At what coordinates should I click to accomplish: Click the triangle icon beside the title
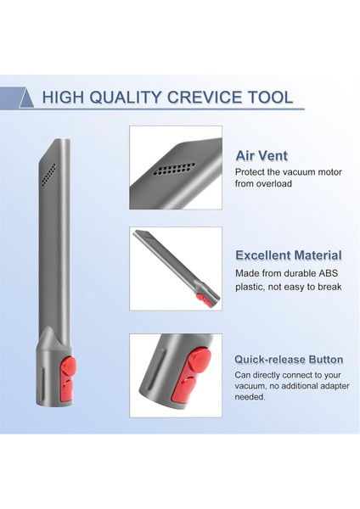pyautogui.click(x=25, y=98)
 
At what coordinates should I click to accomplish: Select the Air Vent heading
pyautogui.click(x=262, y=156)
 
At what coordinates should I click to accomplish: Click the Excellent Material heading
pyautogui.click(x=288, y=255)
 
